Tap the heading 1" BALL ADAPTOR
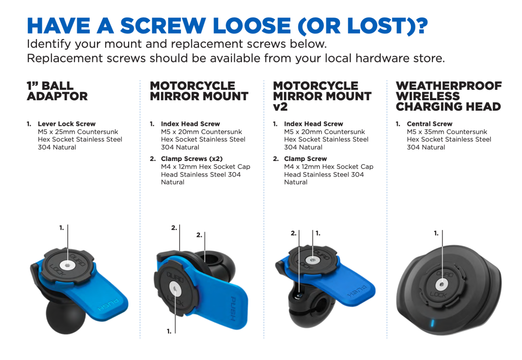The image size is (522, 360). [x=57, y=91]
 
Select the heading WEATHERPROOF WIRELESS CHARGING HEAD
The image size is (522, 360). [x=449, y=96]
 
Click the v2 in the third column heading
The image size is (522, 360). [x=280, y=107]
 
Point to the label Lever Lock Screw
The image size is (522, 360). [x=67, y=124]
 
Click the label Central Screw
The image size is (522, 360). [x=430, y=124]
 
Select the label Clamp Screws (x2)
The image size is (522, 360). [x=192, y=159]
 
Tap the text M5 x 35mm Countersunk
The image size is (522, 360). [x=447, y=132]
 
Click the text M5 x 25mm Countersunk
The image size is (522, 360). [x=78, y=132]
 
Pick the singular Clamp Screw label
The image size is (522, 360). [x=305, y=159]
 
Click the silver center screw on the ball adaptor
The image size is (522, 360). [x=67, y=265]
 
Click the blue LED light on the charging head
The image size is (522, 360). [x=433, y=323]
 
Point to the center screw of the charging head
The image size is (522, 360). [x=442, y=285]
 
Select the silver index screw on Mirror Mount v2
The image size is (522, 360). [x=313, y=260]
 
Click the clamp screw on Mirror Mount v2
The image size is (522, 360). [x=299, y=296]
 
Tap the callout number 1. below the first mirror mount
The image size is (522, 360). [x=169, y=331]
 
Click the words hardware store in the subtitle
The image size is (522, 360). [x=400, y=58]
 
